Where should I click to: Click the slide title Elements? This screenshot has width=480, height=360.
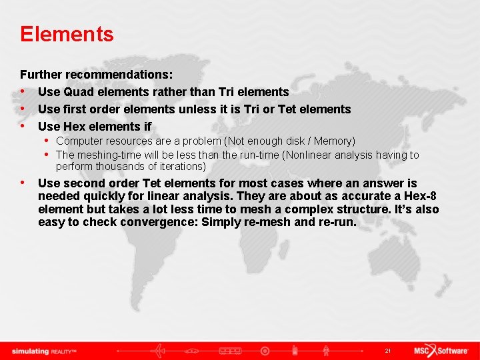[x=67, y=34]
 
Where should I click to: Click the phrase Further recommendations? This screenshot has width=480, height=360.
[x=96, y=75]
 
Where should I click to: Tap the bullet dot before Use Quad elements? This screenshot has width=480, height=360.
[x=23, y=92]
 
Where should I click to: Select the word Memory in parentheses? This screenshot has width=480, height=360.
[x=333, y=141]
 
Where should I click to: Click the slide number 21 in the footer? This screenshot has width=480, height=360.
[x=387, y=351]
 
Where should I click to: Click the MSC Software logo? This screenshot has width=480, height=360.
[x=441, y=351]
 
